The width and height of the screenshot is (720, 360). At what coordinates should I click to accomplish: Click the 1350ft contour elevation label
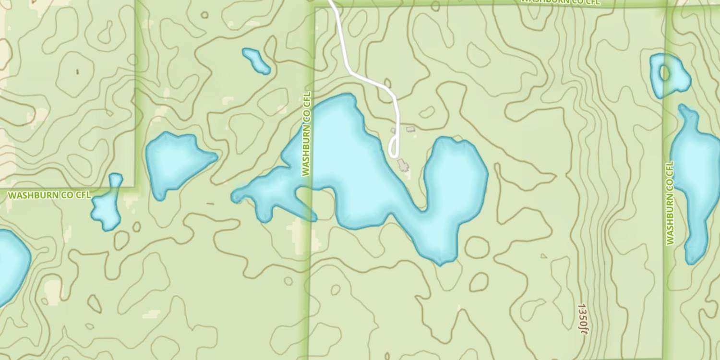click(x=583, y=317)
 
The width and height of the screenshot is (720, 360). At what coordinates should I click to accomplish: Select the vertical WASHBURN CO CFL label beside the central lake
click(x=306, y=134)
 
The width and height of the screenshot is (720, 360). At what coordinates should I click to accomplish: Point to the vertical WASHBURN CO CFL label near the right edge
click(x=670, y=203)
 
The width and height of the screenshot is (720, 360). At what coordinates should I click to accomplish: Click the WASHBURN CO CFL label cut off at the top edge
click(x=560, y=2)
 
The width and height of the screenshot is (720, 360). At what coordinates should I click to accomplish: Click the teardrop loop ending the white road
click(x=394, y=147)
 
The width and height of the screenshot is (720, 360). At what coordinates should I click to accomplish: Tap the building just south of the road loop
click(x=403, y=166)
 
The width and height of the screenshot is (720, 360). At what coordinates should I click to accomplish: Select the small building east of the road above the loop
click(x=410, y=129)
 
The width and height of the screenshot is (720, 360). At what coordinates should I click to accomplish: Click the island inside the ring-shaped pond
click(x=664, y=73)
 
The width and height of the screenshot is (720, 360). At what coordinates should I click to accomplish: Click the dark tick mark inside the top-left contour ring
click(x=77, y=72)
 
